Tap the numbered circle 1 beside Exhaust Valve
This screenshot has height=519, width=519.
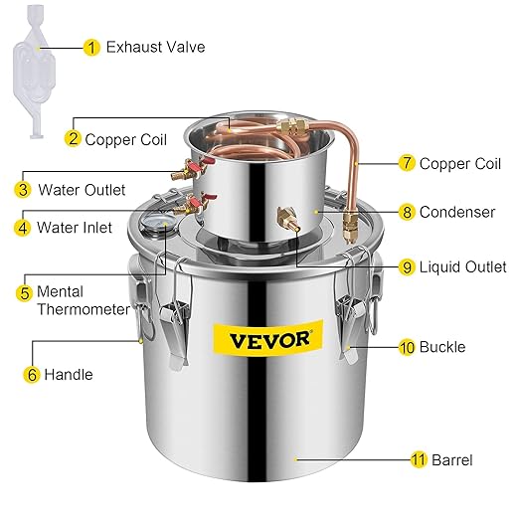[92, 47]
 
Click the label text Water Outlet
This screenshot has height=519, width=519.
[83, 188]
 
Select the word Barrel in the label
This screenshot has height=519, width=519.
[451, 460]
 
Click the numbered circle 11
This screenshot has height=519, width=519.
[419, 460]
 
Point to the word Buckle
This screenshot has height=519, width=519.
[441, 348]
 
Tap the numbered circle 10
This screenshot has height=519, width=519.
[407, 348]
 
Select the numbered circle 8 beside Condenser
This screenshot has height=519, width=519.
[407, 212]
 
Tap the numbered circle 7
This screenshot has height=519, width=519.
[406, 164]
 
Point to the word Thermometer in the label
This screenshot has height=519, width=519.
[85, 309]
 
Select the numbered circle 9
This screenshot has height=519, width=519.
[407, 266]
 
